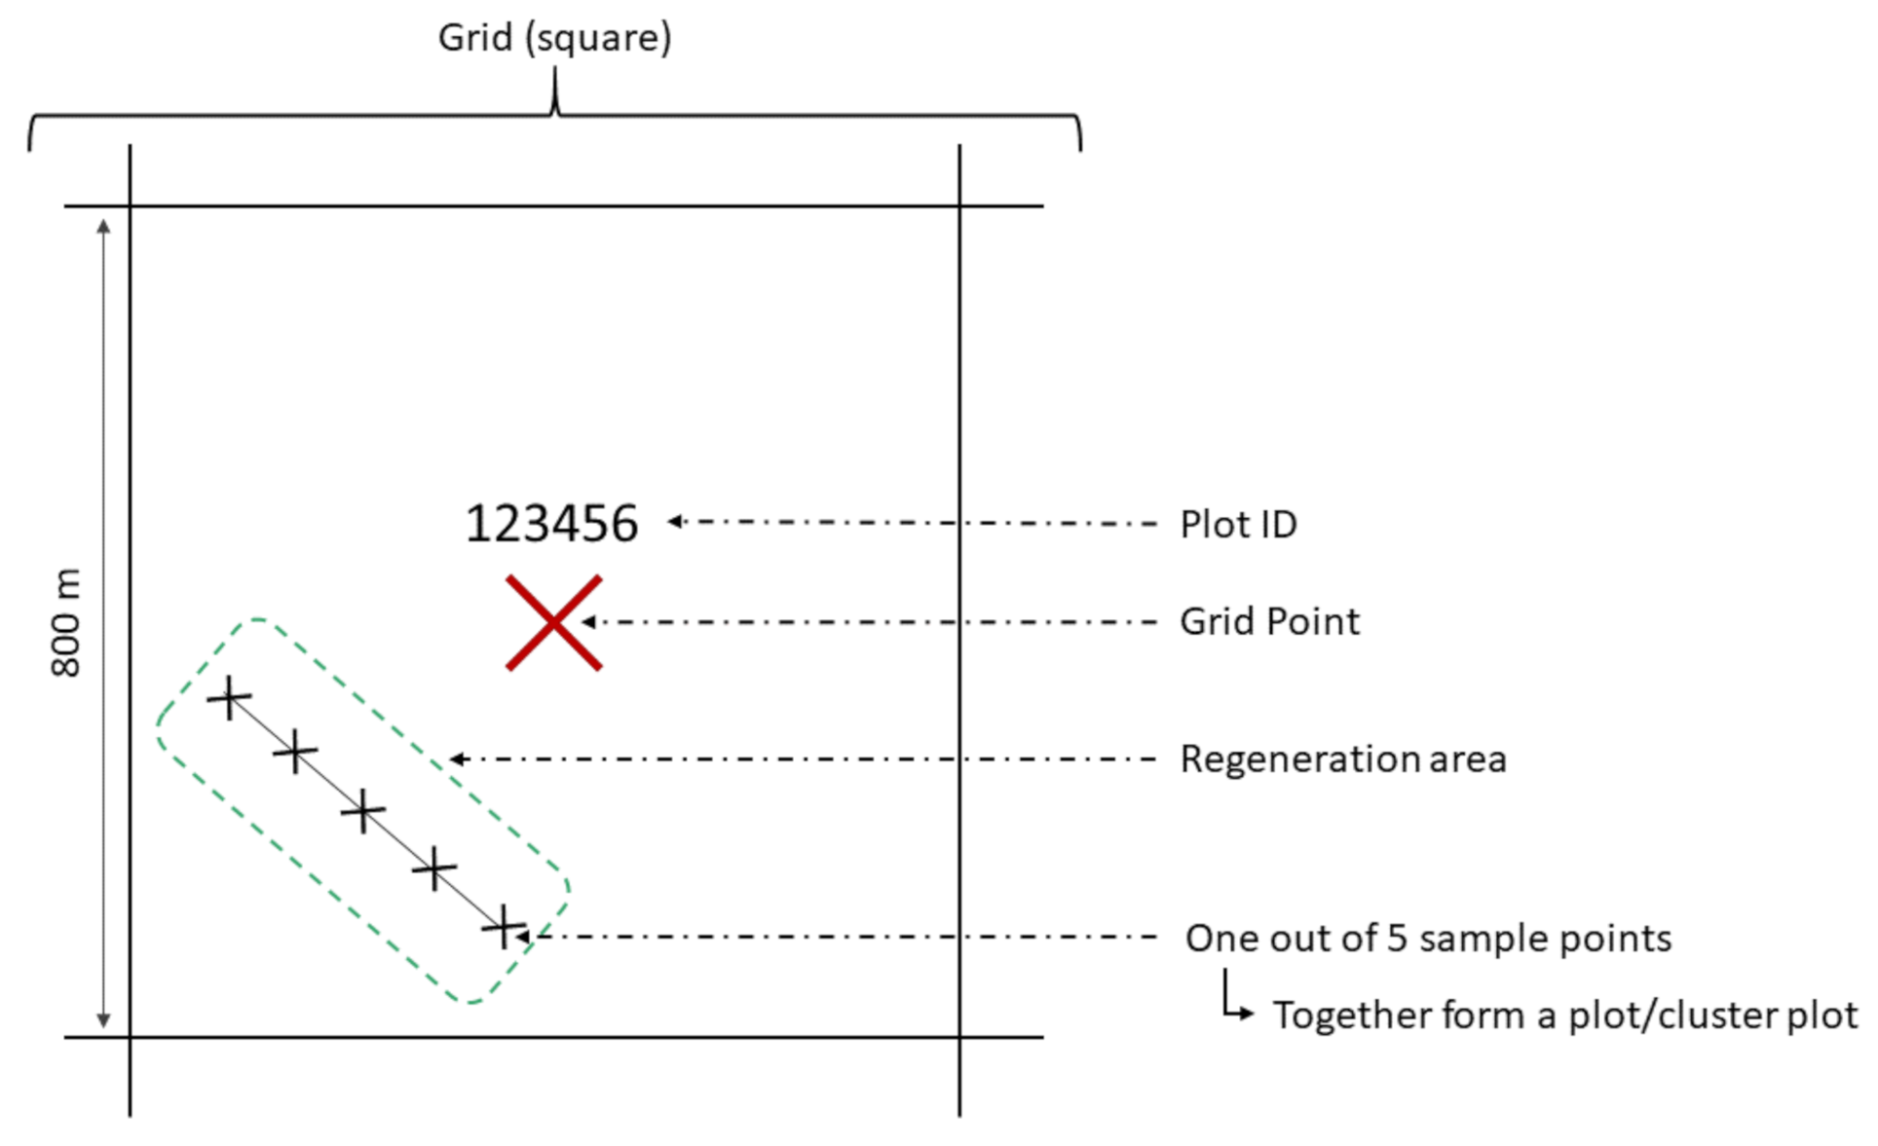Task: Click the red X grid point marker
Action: click(553, 622)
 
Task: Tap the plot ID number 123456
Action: click(551, 524)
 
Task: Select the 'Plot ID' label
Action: click(1238, 525)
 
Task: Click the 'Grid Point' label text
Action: click(1269, 622)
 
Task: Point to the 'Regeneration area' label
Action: click(1343, 759)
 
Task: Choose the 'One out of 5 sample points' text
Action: click(1428, 939)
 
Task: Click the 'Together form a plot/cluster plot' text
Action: click(1565, 1016)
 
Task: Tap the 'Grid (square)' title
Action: click(554, 38)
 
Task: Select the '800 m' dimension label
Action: click(66, 623)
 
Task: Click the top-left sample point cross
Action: click(229, 698)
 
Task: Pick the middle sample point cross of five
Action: click(363, 811)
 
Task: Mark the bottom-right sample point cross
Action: click(504, 927)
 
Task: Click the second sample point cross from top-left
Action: click(295, 753)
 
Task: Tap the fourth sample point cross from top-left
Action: click(433, 868)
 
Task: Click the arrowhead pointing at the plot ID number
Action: click(674, 522)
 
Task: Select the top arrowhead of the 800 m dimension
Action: click(103, 226)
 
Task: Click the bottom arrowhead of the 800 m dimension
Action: click(103, 1020)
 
